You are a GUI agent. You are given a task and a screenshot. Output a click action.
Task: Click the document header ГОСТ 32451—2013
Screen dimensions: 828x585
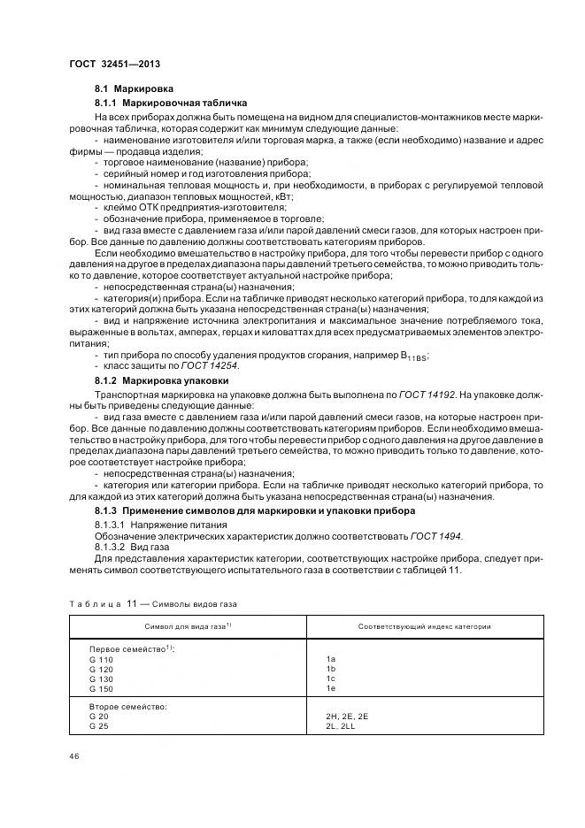(114, 65)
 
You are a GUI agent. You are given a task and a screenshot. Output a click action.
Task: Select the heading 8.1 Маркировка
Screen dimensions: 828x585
(135, 90)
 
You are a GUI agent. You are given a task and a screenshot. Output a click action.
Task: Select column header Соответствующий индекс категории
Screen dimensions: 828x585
(425, 626)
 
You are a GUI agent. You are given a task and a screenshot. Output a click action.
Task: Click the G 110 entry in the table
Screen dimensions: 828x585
(102, 660)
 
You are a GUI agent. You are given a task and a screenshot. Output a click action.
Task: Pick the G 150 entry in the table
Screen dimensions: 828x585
(102, 687)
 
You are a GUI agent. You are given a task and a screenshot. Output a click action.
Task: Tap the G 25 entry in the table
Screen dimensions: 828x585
(98, 725)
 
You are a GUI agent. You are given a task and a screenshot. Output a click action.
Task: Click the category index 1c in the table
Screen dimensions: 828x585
(331, 678)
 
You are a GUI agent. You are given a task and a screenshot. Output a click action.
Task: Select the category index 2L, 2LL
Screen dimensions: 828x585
(342, 725)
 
